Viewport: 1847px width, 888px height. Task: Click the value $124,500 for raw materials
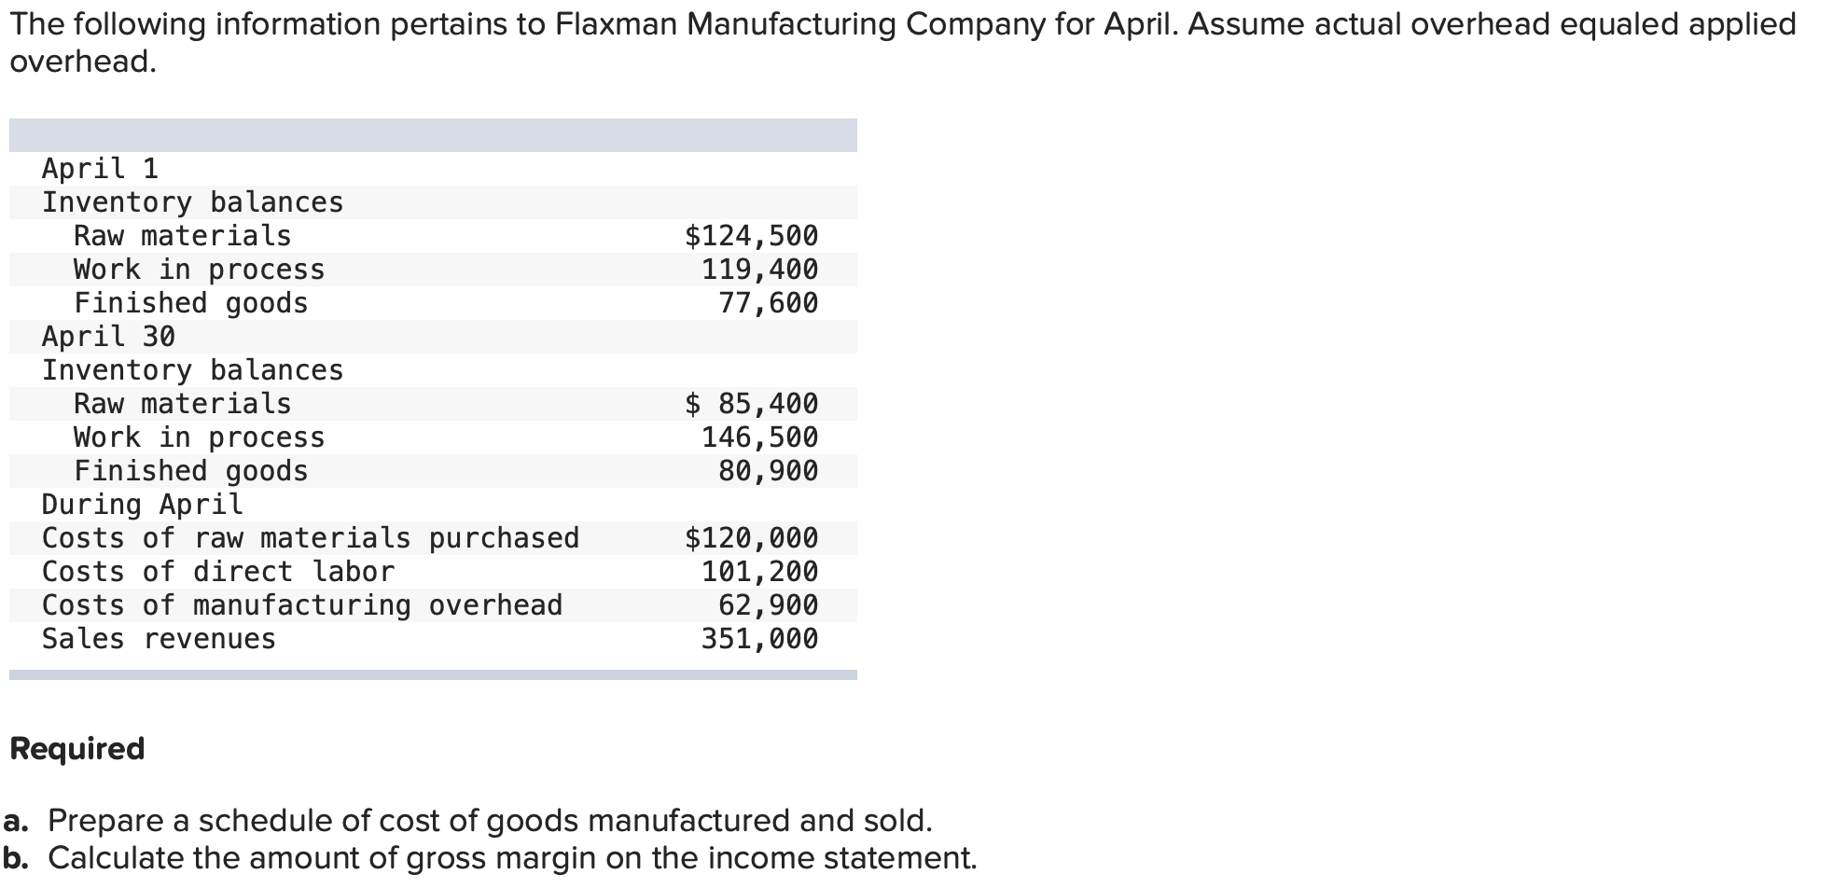[751, 236]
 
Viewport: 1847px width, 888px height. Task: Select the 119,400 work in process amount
[759, 270]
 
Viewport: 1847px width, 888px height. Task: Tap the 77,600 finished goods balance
[768, 303]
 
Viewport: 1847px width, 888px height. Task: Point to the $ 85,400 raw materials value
[751, 404]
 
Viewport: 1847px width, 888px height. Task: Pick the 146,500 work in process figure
[759, 437]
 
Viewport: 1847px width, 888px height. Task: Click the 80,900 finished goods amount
[768, 471]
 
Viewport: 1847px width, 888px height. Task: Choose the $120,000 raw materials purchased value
[751, 538]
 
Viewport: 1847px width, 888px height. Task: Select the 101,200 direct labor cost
[759, 572]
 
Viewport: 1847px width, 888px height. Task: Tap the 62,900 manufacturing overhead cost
[768, 605]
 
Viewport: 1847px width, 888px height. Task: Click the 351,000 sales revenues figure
[759, 639]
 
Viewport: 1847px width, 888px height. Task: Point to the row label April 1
[100, 169]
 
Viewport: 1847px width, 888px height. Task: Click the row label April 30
[108, 337]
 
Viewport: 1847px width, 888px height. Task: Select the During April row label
[142, 505]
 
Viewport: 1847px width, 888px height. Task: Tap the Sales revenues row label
[159, 639]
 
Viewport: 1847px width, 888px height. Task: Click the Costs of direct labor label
[217, 572]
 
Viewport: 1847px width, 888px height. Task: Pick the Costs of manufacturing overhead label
[301, 605]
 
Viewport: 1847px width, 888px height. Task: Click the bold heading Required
[77, 749]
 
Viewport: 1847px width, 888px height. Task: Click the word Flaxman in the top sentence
[616, 24]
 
